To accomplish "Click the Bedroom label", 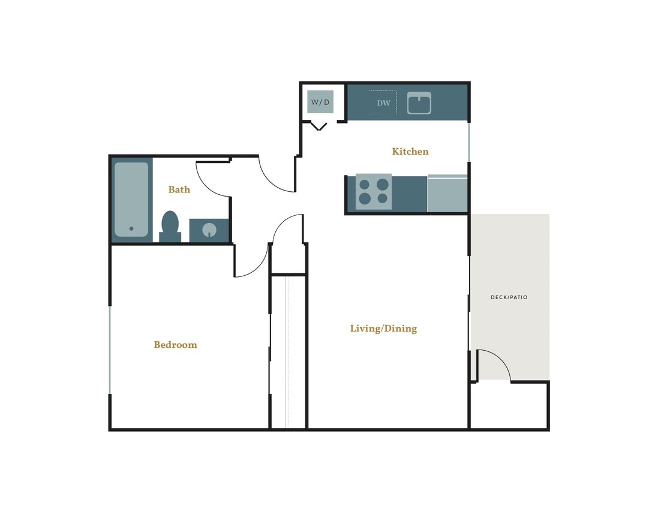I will pos(175,345).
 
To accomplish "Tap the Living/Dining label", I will pos(383,329).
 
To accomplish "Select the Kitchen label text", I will pos(410,152).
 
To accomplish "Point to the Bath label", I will pos(179,189).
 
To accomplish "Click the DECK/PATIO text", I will pos(509,297).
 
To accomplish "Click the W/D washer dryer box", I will pos(320,102).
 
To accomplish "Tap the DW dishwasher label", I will pos(383,103).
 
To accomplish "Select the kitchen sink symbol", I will pos(419,103).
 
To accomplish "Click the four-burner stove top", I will pos(374,192).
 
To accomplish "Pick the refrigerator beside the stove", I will pos(447,194).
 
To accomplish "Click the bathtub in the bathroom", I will pos(131,199).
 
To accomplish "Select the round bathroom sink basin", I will pos(209,230).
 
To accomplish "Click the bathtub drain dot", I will pos(131,228).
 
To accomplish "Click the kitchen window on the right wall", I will pos(469,141).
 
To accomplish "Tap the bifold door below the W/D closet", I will pos(319,126).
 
